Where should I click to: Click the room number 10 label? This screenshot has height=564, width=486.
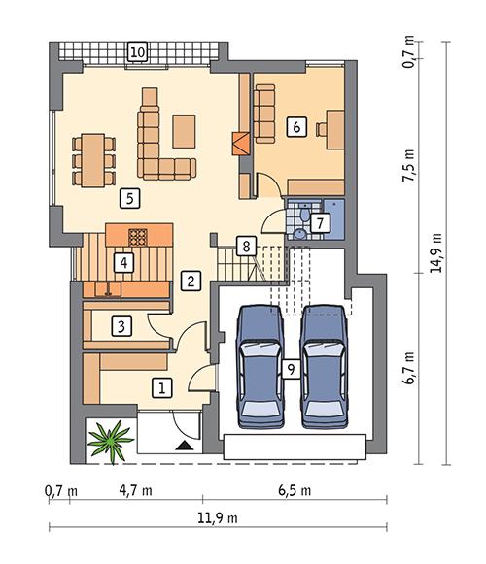point(139,50)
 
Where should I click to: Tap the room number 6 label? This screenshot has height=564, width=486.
point(297,124)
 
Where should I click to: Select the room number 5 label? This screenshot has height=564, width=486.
point(126,199)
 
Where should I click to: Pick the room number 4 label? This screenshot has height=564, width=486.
point(122,261)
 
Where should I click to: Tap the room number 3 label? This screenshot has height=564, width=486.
point(121,325)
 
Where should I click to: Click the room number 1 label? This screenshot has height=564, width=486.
point(164,387)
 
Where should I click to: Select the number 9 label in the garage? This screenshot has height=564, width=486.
point(290,369)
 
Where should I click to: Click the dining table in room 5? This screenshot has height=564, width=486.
point(89,158)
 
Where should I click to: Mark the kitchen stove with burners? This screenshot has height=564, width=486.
point(138,235)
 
